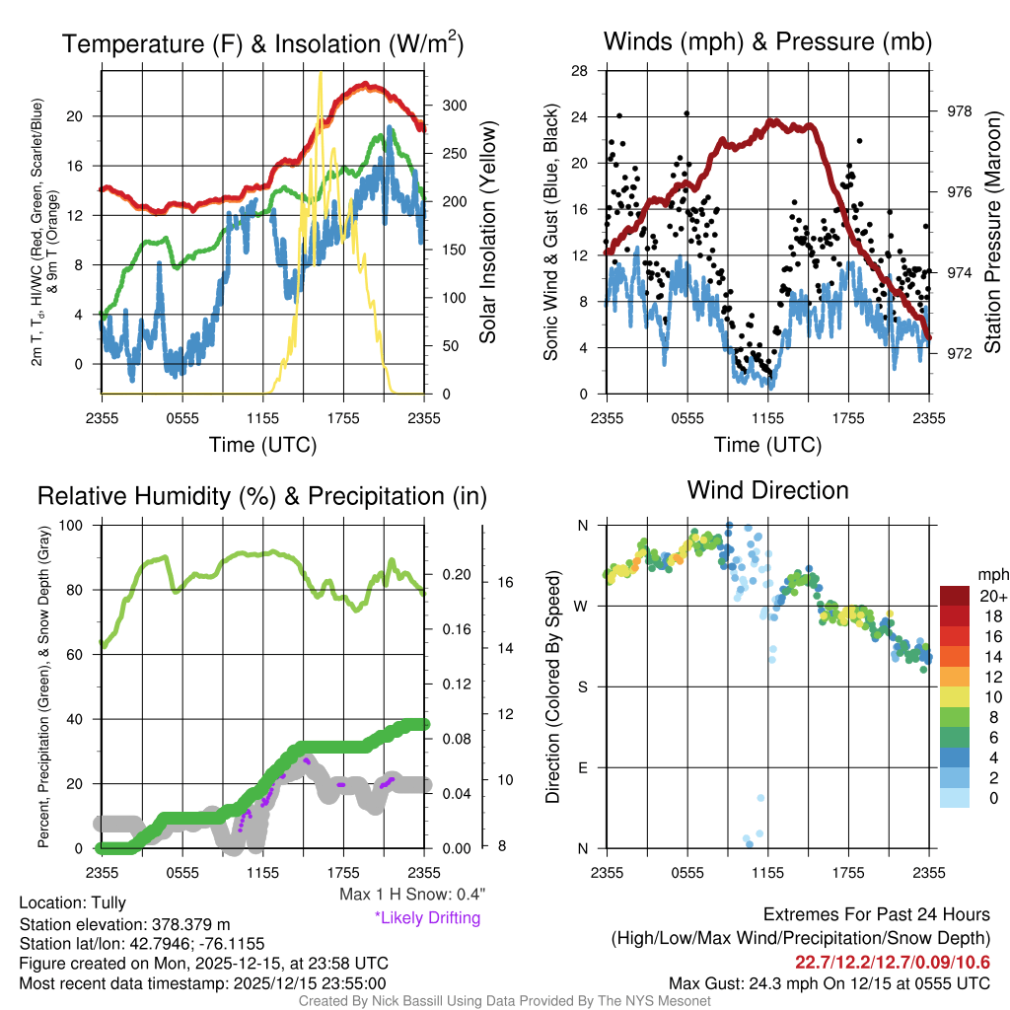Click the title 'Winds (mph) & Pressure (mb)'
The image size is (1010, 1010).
click(x=767, y=41)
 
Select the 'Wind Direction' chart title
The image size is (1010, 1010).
click(x=767, y=490)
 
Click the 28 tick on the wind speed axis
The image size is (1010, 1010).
click(x=580, y=70)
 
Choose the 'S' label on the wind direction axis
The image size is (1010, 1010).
click(x=582, y=686)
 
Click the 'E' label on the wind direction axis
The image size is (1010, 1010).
click(x=582, y=767)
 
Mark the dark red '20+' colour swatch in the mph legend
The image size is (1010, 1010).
click(x=955, y=596)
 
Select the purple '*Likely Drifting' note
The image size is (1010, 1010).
click(x=427, y=917)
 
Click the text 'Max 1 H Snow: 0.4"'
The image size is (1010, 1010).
click(x=411, y=894)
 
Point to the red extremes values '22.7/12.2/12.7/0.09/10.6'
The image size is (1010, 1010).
click(x=893, y=961)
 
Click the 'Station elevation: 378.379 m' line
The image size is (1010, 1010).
click(x=124, y=924)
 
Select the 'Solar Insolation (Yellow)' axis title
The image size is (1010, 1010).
click(x=487, y=232)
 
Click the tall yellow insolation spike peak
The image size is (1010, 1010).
click(x=319, y=75)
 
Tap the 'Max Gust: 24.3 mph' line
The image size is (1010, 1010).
click(x=829, y=982)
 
